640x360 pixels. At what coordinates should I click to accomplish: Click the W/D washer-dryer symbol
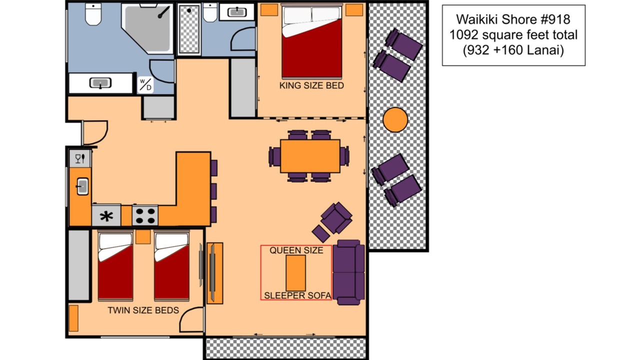pyautogui.click(x=145, y=85)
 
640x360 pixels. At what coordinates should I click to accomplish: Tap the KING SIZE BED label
pyautogui.click(x=311, y=85)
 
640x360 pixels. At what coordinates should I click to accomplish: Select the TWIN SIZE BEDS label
pyautogui.click(x=143, y=310)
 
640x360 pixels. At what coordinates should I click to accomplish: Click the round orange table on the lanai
pyautogui.click(x=395, y=119)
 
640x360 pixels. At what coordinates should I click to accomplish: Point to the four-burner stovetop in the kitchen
pyautogui.click(x=145, y=215)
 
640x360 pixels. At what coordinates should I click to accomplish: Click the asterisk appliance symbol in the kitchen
pyautogui.click(x=106, y=216)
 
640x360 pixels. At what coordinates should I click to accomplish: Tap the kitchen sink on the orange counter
pyautogui.click(x=82, y=186)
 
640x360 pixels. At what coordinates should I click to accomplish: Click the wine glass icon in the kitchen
pyautogui.click(x=77, y=158)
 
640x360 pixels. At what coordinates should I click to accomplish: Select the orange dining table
pyautogui.click(x=310, y=156)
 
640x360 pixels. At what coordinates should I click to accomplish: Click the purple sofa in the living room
pyautogui.click(x=348, y=272)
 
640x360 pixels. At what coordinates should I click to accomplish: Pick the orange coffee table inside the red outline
pyautogui.click(x=295, y=273)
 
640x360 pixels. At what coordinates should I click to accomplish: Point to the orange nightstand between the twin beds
pyautogui.click(x=143, y=237)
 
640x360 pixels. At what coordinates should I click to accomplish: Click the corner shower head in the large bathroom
pyautogui.click(x=164, y=12)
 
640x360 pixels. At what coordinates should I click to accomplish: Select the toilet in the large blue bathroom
pyautogui.click(x=93, y=14)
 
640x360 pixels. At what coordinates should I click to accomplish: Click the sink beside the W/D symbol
pyautogui.click(x=100, y=83)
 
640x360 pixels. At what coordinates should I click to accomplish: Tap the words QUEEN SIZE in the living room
pyautogui.click(x=296, y=250)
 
